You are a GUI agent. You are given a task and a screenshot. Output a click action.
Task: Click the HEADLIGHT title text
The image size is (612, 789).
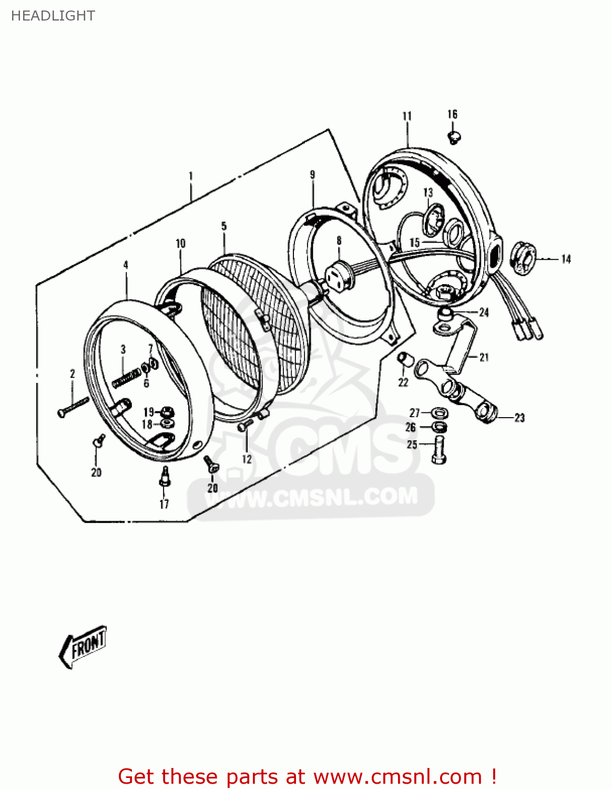[53, 16]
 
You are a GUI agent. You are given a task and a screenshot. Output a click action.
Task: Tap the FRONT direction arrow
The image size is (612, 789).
[83, 645]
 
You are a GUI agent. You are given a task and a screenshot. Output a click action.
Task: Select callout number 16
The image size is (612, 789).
[452, 114]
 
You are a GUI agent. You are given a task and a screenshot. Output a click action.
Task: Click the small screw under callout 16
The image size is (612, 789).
[454, 138]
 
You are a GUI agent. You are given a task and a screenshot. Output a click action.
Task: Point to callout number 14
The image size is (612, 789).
[566, 259]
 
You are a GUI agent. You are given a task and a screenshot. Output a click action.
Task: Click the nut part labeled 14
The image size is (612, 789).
[523, 258]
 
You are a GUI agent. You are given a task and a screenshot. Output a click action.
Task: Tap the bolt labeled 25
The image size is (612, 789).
[439, 450]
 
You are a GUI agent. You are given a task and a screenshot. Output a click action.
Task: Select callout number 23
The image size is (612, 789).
[519, 418]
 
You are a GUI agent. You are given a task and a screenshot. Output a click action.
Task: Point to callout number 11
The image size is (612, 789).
[407, 116]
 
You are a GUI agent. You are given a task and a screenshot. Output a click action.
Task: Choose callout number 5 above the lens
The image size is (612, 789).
[224, 226]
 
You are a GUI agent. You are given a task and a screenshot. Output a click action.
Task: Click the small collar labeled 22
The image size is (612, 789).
[404, 360]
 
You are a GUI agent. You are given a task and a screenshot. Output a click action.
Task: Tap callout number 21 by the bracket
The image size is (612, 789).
[484, 358]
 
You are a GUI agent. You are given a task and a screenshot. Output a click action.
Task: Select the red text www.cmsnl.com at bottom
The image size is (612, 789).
[397, 776]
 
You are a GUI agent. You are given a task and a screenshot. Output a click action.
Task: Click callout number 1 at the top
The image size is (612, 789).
[191, 176]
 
